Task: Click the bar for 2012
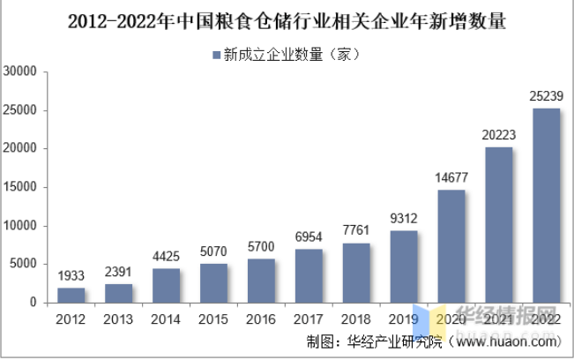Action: coord(71,295)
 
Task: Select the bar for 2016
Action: coord(261,281)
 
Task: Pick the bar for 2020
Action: coord(451,246)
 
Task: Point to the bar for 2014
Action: coord(166,285)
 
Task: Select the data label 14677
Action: coord(451,177)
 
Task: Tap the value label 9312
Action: coord(404,218)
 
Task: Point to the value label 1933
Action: coord(71,275)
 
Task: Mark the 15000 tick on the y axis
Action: coord(20,188)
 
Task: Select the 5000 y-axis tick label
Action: coord(24,265)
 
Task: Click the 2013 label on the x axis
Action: coord(118,318)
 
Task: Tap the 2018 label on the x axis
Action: coord(356,318)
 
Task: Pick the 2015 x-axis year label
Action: coord(213,318)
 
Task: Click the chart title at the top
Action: coord(287,19)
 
